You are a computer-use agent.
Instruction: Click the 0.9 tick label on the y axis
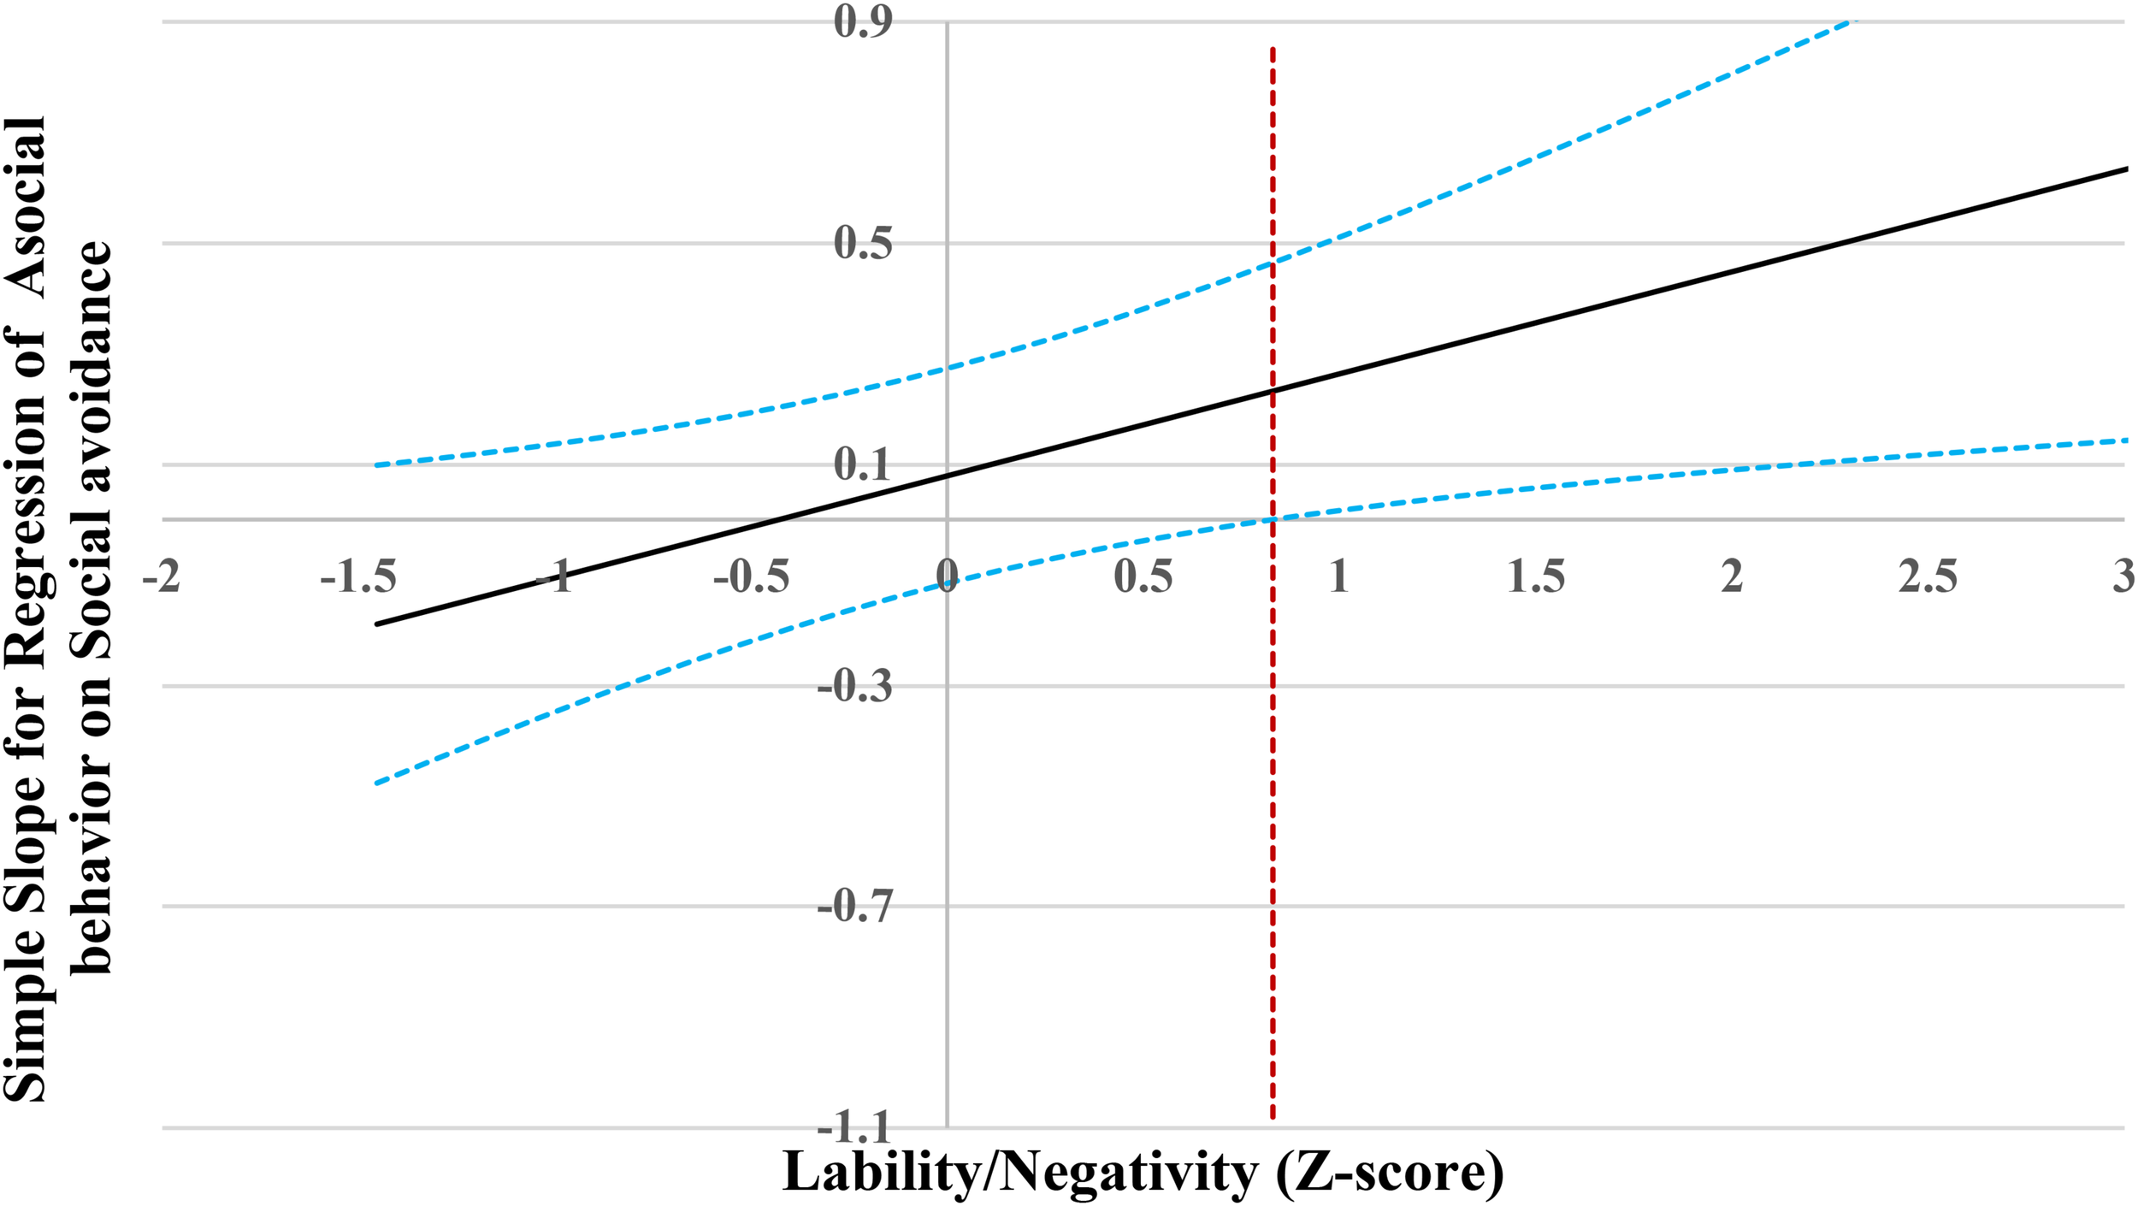click(864, 21)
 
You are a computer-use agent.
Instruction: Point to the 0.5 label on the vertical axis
click(864, 244)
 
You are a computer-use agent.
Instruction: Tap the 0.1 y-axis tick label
click(864, 465)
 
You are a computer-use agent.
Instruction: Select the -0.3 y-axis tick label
click(855, 687)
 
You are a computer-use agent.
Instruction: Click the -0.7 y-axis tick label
click(855, 907)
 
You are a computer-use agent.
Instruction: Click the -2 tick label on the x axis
click(162, 576)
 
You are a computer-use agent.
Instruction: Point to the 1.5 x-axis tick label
click(1536, 576)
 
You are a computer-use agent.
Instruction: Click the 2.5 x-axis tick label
click(1928, 576)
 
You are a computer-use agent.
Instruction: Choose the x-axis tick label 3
click(2123, 576)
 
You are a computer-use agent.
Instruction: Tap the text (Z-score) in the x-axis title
click(1390, 1173)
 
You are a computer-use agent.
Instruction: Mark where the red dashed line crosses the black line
click(1273, 391)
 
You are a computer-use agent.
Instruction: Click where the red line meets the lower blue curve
click(1273, 519)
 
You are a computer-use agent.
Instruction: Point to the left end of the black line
click(376, 624)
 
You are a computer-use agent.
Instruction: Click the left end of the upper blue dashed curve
click(376, 465)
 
